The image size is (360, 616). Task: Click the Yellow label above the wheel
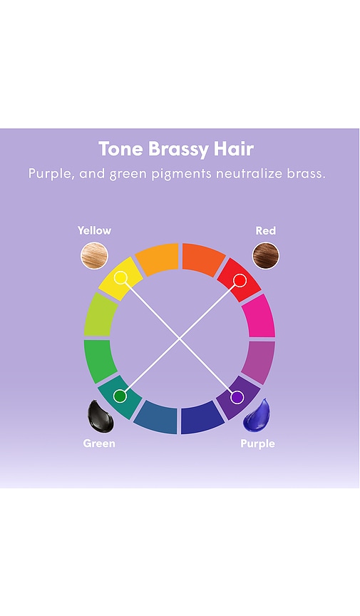94,230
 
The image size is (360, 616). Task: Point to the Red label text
266,230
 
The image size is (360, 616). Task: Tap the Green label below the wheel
99,443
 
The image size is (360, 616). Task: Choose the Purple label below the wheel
258,444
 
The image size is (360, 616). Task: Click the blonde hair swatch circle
94,255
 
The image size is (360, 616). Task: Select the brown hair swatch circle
266,255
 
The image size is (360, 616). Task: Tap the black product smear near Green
101,416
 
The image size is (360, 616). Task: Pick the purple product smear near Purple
257,414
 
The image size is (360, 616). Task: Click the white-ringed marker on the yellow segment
120,278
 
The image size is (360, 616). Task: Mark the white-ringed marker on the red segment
240,280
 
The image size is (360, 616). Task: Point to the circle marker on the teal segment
120,396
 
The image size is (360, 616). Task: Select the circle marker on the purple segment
237,397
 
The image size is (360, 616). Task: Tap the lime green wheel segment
99,315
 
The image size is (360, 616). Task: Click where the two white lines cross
180,338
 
